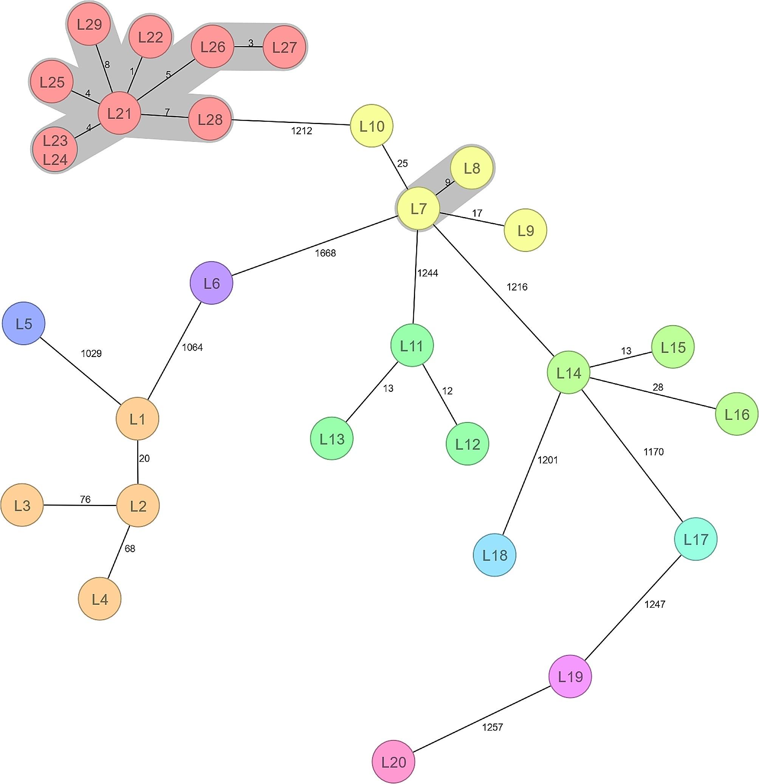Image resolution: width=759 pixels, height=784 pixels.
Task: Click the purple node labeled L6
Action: coord(211,283)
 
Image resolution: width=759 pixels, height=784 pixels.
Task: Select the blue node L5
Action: coord(23,323)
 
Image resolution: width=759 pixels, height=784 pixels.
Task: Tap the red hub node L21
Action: coord(119,113)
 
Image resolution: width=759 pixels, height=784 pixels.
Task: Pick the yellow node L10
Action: coord(372,126)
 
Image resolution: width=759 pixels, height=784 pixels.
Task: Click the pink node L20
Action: coord(393,762)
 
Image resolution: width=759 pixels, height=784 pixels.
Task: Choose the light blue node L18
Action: coord(494,555)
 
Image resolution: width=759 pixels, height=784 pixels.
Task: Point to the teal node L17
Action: coord(695,539)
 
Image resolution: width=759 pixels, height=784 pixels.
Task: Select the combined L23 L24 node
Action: coord(55,150)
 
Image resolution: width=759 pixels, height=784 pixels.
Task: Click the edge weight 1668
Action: coord(325,253)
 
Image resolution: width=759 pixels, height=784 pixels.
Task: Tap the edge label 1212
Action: coord(301,131)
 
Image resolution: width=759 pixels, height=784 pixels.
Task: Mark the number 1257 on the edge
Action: coord(492,727)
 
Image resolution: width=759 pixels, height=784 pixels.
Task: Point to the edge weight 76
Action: coord(85,499)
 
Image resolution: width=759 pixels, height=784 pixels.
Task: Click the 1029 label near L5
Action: coord(91,353)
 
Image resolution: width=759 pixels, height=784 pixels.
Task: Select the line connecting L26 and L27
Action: coord(248,47)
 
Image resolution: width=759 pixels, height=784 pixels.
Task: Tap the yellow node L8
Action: coord(472,168)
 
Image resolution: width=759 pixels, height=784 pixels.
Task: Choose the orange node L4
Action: coord(99,599)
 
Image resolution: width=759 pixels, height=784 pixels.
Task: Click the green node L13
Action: coord(332,439)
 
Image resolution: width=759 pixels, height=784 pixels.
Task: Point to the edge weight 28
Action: coord(658,387)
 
